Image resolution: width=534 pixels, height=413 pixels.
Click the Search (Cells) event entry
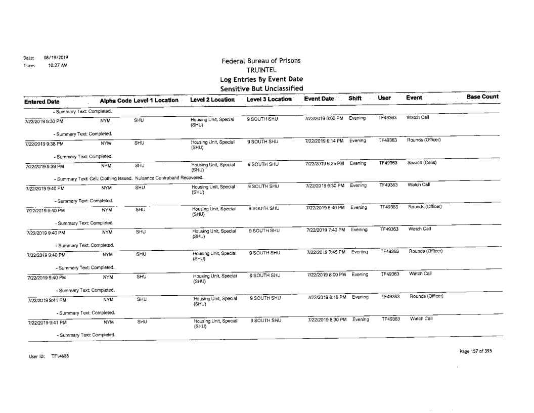[x=419, y=163]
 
